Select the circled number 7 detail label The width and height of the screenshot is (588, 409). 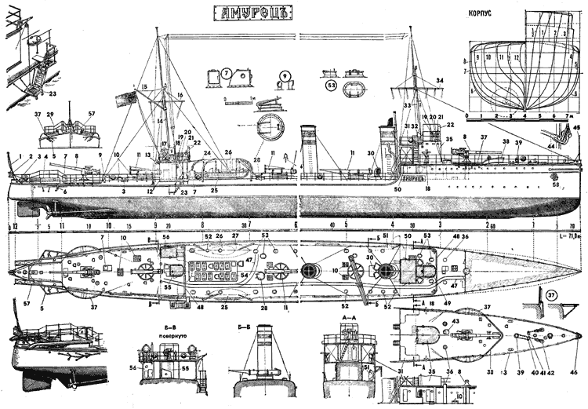(x=226, y=74)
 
